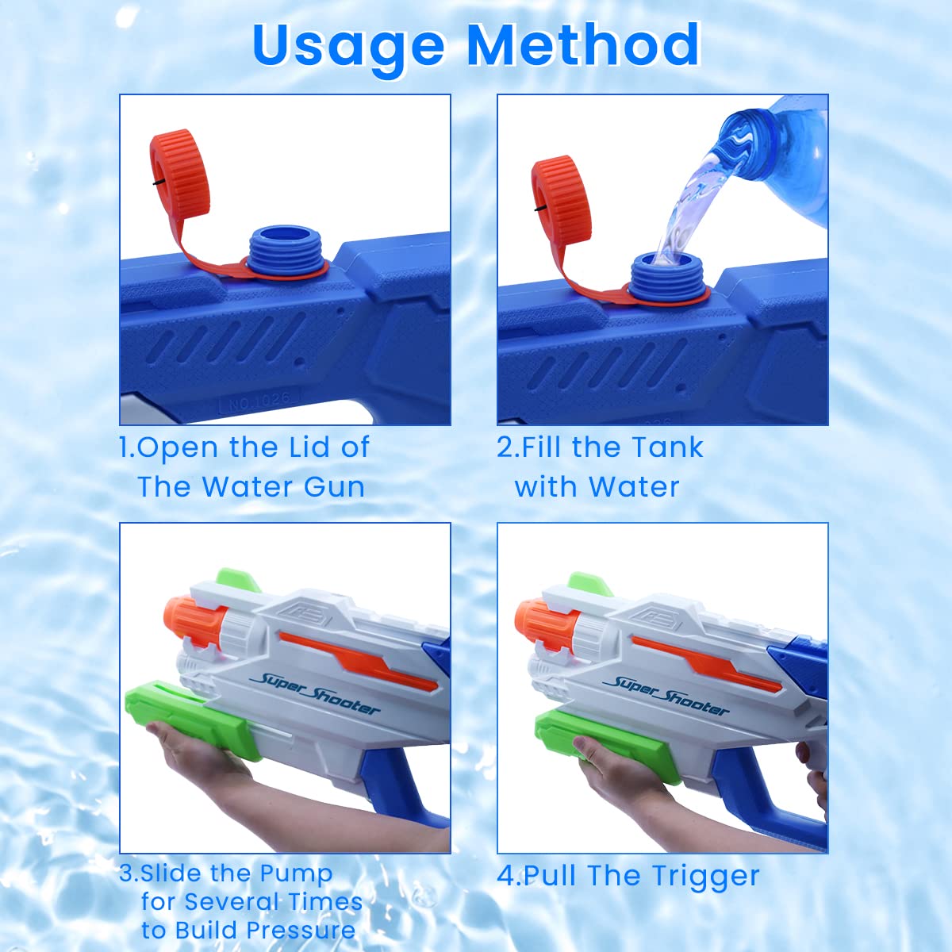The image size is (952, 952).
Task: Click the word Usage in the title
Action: [349, 47]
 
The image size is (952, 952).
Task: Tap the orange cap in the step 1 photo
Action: [180, 174]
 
